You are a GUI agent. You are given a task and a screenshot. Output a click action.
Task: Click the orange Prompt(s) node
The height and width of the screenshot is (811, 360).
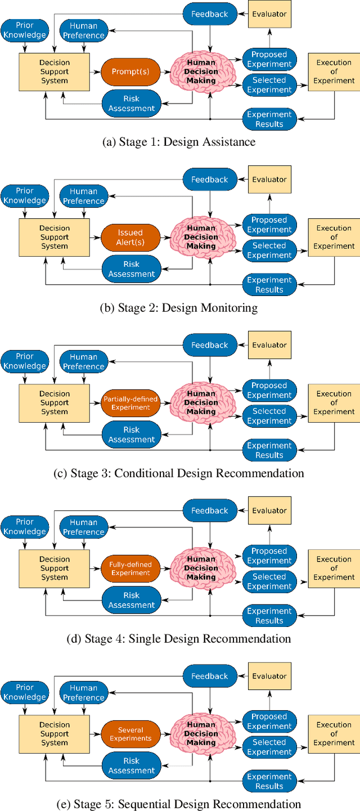pos(131,71)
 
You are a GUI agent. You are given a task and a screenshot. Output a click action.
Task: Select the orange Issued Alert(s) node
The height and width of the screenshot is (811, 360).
pos(130,237)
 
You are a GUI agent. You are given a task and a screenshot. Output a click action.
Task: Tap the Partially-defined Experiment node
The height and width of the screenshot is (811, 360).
pos(130,402)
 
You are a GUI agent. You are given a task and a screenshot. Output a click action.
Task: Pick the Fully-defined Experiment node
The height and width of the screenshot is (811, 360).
pos(130,568)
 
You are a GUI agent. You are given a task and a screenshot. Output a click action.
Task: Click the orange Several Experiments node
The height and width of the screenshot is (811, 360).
pos(130,733)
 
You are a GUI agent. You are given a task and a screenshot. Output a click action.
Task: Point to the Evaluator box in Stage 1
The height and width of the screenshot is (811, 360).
pos(269,14)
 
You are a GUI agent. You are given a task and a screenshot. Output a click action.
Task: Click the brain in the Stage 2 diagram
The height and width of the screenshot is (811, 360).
pos(201,237)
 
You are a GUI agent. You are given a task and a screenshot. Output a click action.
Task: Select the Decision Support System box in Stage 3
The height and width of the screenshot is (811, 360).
pos(55,402)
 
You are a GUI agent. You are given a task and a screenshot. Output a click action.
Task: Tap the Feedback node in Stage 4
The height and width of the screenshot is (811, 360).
pos(210,510)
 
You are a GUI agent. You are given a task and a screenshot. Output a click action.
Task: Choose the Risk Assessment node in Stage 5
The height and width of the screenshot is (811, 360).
pos(131,765)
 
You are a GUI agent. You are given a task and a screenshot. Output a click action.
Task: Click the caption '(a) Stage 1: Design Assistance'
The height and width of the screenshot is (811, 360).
pos(179,142)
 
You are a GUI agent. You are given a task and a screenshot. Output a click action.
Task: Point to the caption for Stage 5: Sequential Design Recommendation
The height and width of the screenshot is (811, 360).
pos(179,804)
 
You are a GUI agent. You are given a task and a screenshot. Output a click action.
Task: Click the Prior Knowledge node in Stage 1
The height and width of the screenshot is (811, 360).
pos(25,30)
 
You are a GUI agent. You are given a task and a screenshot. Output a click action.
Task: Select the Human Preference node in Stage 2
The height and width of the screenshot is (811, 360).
pos(84,195)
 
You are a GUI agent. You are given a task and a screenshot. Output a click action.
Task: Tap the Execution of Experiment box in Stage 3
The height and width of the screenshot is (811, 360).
pos(334,402)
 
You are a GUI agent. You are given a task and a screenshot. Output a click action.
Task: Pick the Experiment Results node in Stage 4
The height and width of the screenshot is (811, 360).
pos(269,616)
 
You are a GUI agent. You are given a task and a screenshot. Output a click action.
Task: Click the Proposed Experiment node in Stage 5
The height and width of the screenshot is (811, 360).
pos(269,721)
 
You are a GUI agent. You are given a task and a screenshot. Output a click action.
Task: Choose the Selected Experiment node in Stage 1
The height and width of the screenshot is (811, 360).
pos(269,84)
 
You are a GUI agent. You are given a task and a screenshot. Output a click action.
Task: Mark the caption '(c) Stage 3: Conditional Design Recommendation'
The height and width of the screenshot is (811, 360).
pos(179,473)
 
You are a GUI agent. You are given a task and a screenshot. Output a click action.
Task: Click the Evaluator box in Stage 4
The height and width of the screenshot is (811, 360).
pos(269,510)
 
